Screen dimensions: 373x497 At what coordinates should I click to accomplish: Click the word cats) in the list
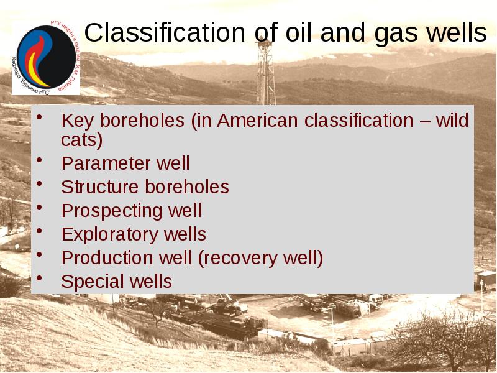(x=82, y=140)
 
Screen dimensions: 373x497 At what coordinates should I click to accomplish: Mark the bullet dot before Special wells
(x=40, y=278)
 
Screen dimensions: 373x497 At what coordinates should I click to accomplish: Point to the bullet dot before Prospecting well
(x=40, y=207)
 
